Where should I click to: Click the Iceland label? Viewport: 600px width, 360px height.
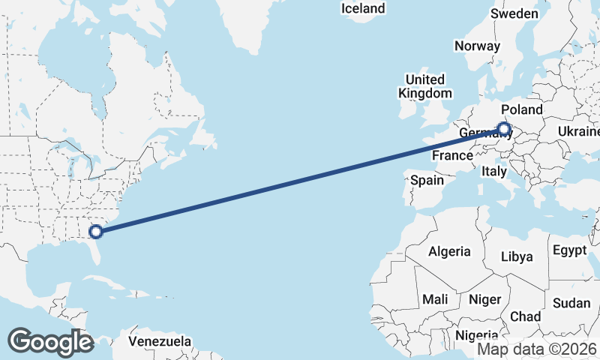tap(362, 9)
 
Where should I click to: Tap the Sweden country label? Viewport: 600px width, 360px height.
tap(514, 14)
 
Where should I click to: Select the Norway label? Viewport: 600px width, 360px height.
tap(477, 46)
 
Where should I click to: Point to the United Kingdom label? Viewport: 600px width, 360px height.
tap(425, 86)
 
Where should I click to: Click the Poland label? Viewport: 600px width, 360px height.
tap(521, 109)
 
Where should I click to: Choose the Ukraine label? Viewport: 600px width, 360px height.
tap(578, 132)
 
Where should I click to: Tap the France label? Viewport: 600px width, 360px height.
tap(453, 156)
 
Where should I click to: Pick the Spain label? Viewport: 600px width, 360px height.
tap(427, 180)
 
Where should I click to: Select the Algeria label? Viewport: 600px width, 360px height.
tap(449, 252)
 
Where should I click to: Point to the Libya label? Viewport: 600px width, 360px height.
tap(517, 256)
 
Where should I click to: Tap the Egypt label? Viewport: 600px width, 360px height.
tap(569, 250)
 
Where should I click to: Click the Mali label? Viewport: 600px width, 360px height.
tap(435, 299)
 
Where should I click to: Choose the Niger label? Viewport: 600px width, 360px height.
tap(484, 299)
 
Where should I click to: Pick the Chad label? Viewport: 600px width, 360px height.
tap(525, 316)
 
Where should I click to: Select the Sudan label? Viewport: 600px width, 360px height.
tap(571, 303)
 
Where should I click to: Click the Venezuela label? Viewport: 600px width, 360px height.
tap(159, 342)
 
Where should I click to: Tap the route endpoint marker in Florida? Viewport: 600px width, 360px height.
tap(95, 230)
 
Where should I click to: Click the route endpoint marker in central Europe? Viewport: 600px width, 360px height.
tap(505, 129)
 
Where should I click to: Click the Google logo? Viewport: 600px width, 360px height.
tap(50, 342)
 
